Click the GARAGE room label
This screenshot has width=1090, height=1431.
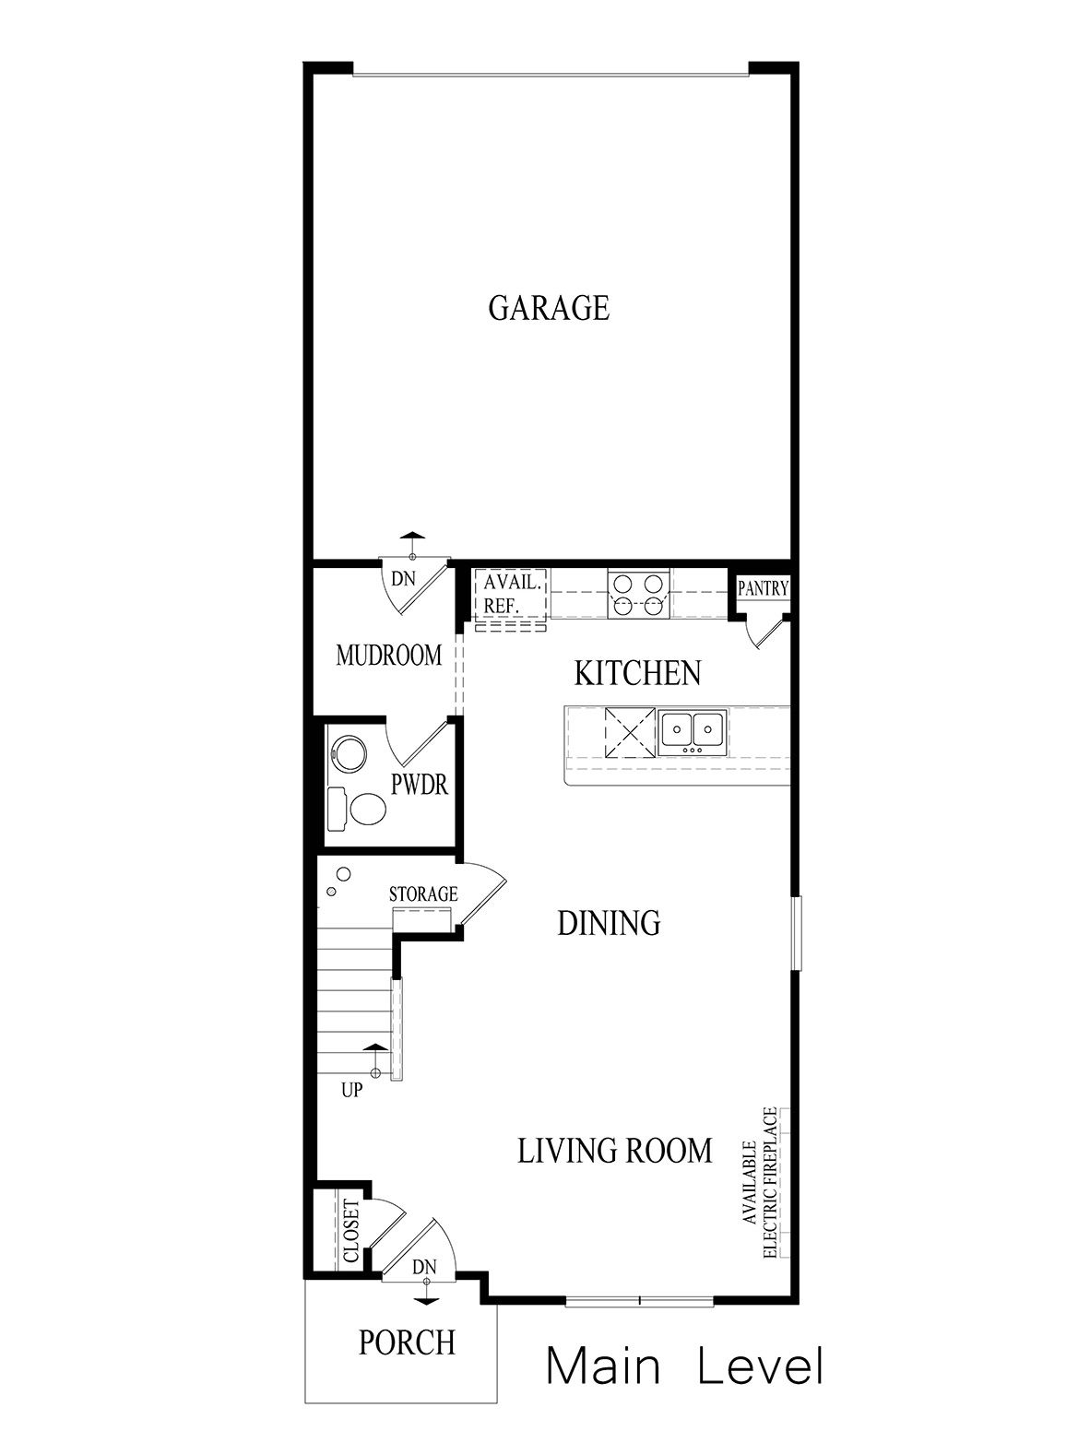549,308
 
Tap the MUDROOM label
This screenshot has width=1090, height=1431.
389,656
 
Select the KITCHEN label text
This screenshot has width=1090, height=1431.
637,673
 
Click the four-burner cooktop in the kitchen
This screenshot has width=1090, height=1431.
637,595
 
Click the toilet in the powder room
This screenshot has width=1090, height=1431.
368,810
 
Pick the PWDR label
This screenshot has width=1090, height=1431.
420,786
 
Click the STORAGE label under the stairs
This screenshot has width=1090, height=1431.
423,893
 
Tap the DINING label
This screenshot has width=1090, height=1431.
609,923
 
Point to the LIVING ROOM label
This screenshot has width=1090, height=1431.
614,1151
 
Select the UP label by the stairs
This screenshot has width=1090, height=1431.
351,1091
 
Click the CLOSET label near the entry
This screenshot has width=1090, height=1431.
351,1231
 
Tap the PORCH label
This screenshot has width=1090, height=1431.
407,1342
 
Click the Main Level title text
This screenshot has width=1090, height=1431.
683,1366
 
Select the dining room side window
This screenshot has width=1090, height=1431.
796,931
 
